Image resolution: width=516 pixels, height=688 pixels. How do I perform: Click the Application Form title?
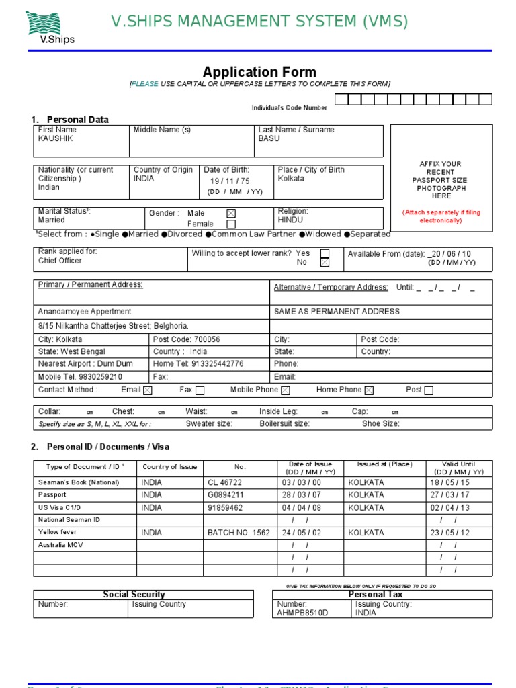point(259,72)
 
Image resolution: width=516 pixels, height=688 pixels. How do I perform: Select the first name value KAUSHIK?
point(56,138)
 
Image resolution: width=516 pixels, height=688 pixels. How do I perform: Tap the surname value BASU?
point(269,138)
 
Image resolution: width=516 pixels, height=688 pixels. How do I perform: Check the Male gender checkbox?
point(231,214)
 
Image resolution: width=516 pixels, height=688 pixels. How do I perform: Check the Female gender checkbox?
point(231,224)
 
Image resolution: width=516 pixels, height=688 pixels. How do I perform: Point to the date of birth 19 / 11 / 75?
point(230,181)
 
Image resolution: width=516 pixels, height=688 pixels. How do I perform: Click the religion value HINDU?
point(290,220)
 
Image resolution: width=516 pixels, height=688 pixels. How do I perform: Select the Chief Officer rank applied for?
point(60,261)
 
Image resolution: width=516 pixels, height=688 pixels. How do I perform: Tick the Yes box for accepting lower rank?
point(325,253)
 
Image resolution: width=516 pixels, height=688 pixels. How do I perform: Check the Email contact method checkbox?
point(148,390)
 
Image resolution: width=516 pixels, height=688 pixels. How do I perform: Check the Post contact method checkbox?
point(429,390)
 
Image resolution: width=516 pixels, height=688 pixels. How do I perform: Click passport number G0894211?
point(226,494)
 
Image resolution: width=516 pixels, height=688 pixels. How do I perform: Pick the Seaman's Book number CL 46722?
point(224,482)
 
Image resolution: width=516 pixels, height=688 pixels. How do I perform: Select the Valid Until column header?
point(458,468)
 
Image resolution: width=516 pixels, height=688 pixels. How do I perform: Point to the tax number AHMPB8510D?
point(302,613)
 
